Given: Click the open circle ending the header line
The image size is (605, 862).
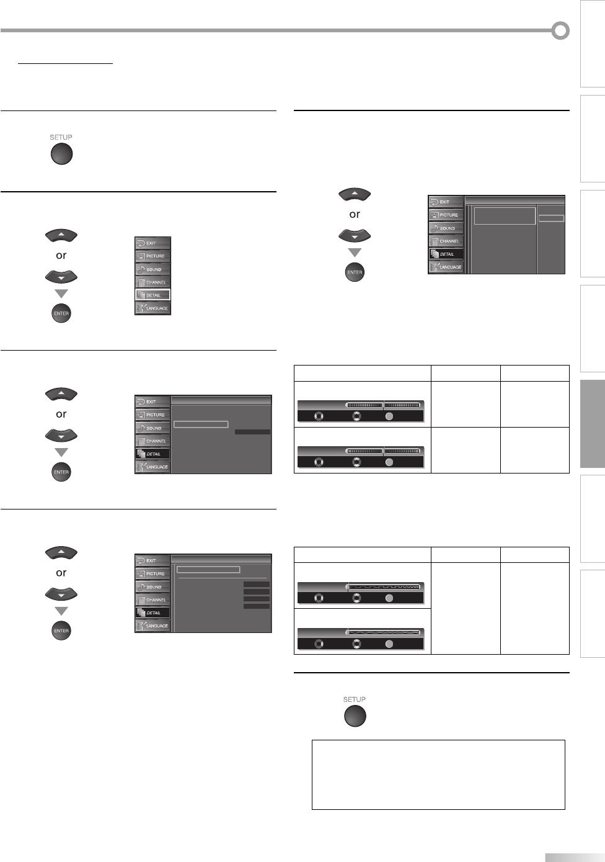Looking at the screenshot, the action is pyautogui.click(x=560, y=30).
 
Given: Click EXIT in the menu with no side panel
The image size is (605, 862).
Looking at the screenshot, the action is pyautogui.click(x=152, y=243).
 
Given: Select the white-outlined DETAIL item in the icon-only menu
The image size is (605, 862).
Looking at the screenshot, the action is pyautogui.click(x=152, y=295).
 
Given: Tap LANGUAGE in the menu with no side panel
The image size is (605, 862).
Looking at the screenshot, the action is pyautogui.click(x=152, y=308).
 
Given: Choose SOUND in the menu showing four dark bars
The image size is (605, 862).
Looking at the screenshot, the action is pyautogui.click(x=152, y=586).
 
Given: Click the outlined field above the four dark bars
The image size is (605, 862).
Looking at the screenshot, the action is pyautogui.click(x=208, y=570).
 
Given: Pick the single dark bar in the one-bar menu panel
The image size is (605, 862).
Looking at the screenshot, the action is pyautogui.click(x=252, y=432).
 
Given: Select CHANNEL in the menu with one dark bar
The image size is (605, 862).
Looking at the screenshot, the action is pyautogui.click(x=152, y=441).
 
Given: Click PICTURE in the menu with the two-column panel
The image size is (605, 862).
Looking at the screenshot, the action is pyautogui.click(x=446, y=215).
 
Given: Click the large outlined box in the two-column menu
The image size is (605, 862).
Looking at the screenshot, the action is pyautogui.click(x=505, y=216).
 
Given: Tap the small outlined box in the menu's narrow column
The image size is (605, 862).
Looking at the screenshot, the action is pyautogui.click(x=551, y=218).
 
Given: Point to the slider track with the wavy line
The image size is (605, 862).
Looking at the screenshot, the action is pyautogui.click(x=384, y=632).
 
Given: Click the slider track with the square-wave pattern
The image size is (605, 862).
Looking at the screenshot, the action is pyautogui.click(x=384, y=586).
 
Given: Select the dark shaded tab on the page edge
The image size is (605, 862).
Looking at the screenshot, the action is pyautogui.click(x=592, y=424).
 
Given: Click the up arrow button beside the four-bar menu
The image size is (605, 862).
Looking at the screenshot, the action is pyautogui.click(x=61, y=552).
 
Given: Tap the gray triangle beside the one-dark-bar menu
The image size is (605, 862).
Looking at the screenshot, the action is pyautogui.click(x=61, y=452).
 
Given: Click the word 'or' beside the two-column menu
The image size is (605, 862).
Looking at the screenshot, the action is pyautogui.click(x=355, y=214).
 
